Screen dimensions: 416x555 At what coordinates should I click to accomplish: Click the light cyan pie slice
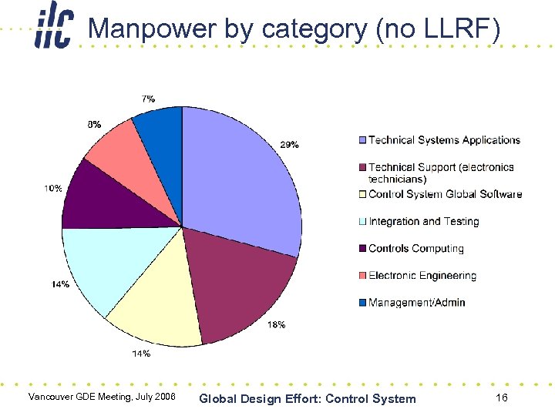pos(104,266)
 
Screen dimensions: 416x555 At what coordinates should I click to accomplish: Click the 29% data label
pos(289,145)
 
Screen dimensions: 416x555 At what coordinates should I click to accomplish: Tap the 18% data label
pos(276,325)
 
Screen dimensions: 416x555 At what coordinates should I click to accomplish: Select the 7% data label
pos(147,99)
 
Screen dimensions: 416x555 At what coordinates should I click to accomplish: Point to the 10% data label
pos(52,188)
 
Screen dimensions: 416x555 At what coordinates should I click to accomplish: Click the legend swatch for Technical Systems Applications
pos(362,140)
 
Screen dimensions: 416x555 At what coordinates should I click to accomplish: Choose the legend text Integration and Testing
pos(423,222)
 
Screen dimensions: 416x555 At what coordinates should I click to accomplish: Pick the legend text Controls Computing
pos(415,249)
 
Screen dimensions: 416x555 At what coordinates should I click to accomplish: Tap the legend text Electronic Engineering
pos(422,276)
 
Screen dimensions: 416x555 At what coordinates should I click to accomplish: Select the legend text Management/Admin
pos(416,303)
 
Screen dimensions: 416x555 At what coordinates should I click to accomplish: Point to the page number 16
pos(501,398)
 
